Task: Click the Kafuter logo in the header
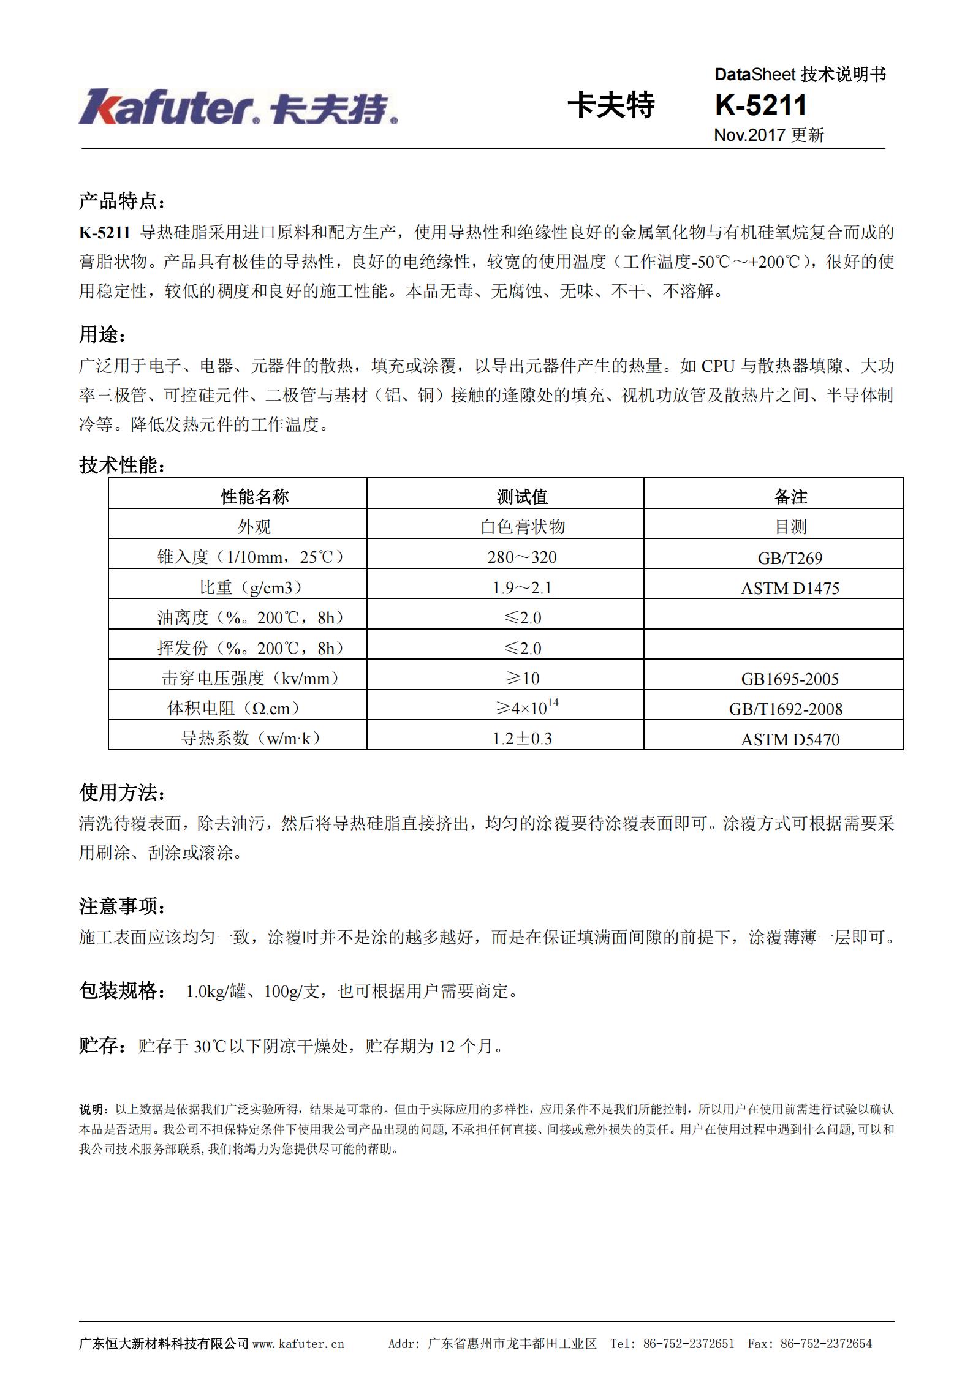coord(238,108)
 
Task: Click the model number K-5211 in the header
coord(760,105)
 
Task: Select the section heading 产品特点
coord(121,201)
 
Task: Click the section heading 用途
coord(102,335)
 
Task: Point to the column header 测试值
coord(522,496)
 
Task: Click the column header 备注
coord(790,496)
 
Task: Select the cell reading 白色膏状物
coord(522,527)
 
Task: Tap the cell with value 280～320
coord(522,557)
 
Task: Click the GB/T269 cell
coord(790,558)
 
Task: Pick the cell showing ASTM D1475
coord(790,588)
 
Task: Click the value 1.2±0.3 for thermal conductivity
coord(522,738)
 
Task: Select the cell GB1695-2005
coord(790,679)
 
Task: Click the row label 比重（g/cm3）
coord(251,587)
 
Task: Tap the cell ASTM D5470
coord(790,739)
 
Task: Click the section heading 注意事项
coord(121,906)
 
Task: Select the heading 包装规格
coord(121,990)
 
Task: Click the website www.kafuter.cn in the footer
coord(298,1344)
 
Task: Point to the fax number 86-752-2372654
coord(825,1344)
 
